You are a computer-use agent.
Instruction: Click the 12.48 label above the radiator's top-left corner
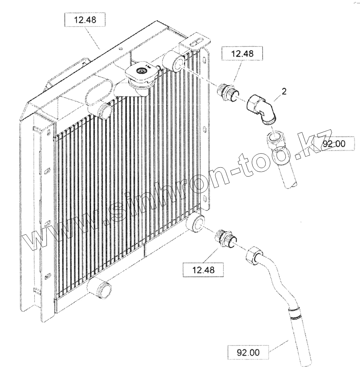coord(85,20)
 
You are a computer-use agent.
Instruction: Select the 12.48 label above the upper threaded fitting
coord(242,54)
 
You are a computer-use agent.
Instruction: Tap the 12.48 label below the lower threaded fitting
coord(203,270)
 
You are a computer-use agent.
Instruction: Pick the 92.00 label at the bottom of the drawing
coord(248,352)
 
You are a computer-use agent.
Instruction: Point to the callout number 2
coord(284,91)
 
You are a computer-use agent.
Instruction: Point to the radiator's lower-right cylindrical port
coord(196,222)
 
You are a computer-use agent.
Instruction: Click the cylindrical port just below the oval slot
coord(104,111)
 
